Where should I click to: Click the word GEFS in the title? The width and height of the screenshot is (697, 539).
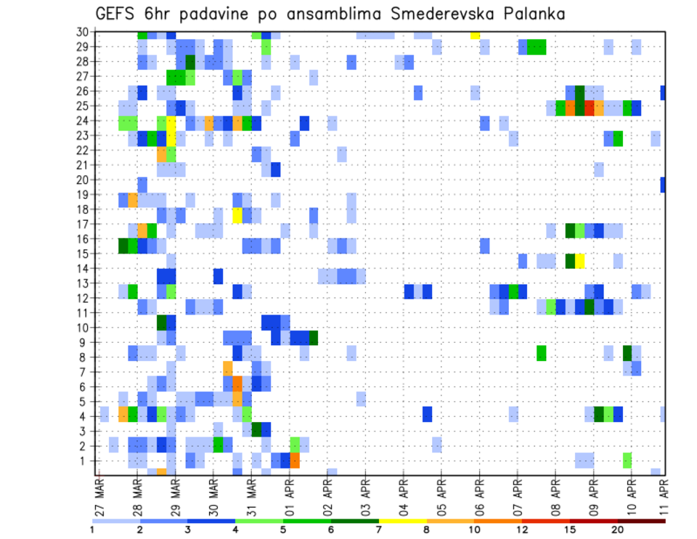click(115, 14)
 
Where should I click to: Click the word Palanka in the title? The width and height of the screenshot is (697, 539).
click(529, 14)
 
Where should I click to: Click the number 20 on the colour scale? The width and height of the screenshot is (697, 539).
click(618, 529)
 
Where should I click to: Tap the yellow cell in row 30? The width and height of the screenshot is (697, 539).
click(475, 35)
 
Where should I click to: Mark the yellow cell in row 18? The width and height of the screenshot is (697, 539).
click(237, 216)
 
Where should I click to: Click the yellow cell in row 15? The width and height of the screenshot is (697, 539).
click(580, 260)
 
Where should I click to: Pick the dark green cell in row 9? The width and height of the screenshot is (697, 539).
click(313, 338)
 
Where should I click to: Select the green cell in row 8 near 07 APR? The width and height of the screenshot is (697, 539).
click(542, 353)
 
